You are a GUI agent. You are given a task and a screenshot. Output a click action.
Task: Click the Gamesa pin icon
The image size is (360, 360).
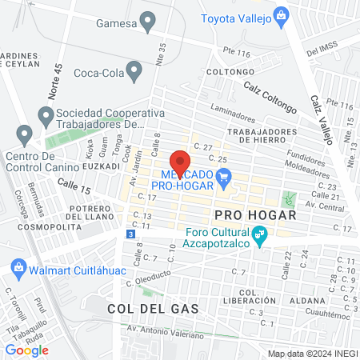point(147,21)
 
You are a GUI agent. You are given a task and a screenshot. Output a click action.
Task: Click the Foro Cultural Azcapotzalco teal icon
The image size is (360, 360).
point(258,235)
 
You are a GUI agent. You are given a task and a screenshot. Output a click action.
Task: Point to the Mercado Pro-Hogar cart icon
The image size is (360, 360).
point(225,179)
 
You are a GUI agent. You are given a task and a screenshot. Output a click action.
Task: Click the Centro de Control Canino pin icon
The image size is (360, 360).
point(24,134)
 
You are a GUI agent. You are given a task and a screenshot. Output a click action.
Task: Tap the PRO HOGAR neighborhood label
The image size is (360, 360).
point(255,216)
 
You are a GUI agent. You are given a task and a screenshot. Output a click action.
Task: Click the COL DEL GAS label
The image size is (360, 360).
point(140,307)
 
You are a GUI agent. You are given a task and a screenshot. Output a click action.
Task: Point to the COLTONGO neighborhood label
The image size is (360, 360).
point(228,72)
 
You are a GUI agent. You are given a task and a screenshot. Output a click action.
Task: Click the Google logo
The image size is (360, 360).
point(26,350)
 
